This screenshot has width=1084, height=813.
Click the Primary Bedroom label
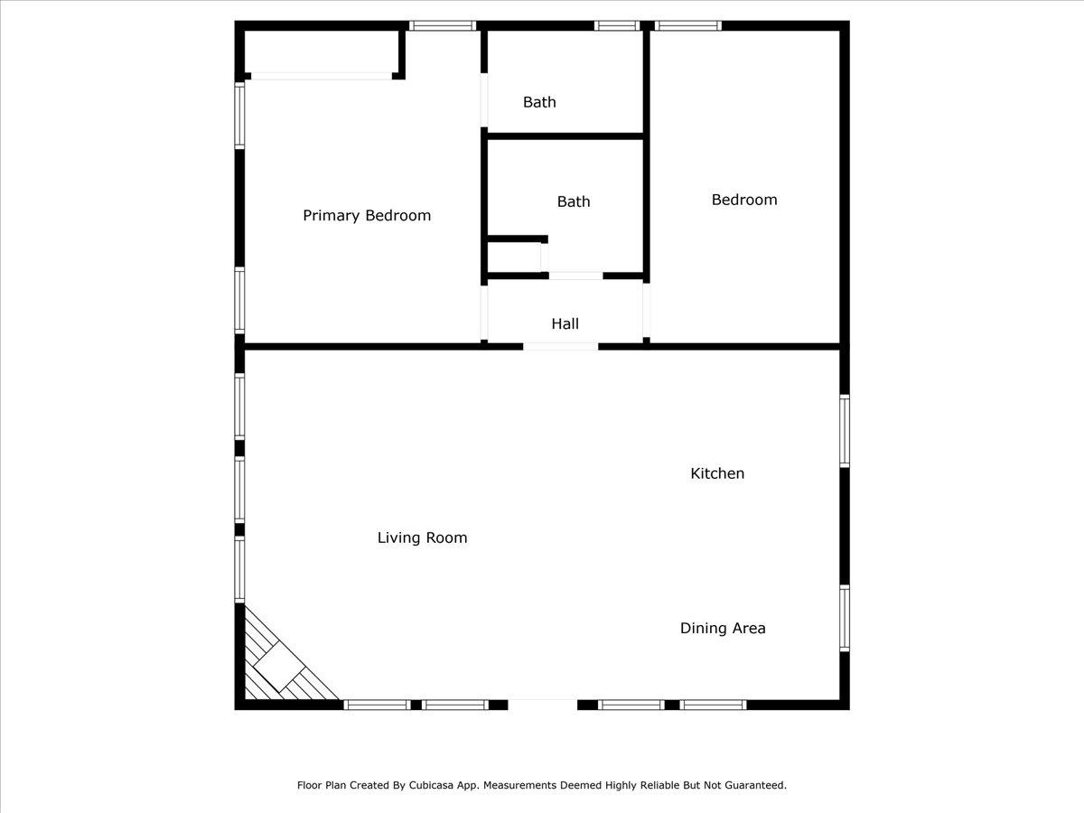[x=367, y=216]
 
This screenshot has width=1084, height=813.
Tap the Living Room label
[x=422, y=537]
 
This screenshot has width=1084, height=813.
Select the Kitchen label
[x=717, y=473]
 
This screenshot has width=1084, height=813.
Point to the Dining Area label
[x=723, y=628]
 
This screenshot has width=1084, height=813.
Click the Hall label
[x=565, y=323]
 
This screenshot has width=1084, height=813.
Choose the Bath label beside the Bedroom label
[x=574, y=201]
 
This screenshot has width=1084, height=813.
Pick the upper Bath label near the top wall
[x=539, y=102]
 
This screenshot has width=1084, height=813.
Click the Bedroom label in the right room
[x=744, y=200]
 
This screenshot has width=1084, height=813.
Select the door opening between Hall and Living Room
[x=561, y=347]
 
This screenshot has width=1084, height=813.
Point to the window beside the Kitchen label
[x=845, y=431]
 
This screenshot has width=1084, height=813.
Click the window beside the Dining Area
[x=845, y=618]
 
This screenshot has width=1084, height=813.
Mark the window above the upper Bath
[x=617, y=25]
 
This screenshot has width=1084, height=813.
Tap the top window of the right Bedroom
[x=688, y=25]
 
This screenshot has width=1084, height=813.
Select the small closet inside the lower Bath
[x=515, y=257]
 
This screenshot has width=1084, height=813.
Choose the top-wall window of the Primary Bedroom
[x=443, y=25]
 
